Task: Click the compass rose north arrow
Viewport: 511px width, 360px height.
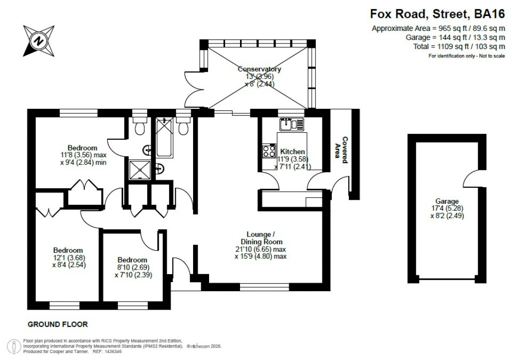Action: click(x=38, y=40)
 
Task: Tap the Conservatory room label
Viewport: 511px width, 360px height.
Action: click(x=259, y=69)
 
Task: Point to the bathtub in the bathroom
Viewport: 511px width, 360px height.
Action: click(x=164, y=138)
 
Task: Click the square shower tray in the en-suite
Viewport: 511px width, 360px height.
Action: click(x=139, y=169)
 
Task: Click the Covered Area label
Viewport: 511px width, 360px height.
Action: click(x=341, y=150)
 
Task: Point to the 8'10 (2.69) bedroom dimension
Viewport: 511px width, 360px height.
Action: click(x=133, y=267)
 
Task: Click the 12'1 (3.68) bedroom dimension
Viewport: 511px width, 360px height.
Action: click(x=68, y=258)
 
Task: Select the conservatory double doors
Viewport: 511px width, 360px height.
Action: click(x=193, y=90)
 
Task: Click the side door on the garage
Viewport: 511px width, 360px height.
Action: click(x=470, y=177)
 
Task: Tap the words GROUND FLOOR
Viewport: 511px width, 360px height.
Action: click(x=57, y=324)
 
